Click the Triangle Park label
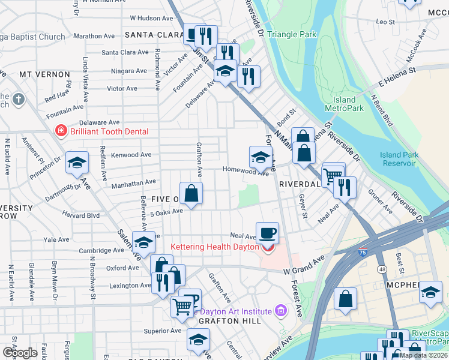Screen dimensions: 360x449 coord(292,34)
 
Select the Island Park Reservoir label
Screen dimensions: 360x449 coord(398,159)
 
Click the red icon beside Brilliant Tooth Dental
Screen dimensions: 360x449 coord(60,131)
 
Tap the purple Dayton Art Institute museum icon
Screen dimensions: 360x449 coord(280,310)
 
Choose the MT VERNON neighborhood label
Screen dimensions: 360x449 coord(44,74)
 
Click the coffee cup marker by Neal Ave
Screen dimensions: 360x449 coord(268,232)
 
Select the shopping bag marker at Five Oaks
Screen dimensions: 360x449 coord(191,194)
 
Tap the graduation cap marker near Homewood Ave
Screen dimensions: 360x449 coord(260,158)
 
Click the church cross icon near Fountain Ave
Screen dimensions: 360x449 coord(18,98)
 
